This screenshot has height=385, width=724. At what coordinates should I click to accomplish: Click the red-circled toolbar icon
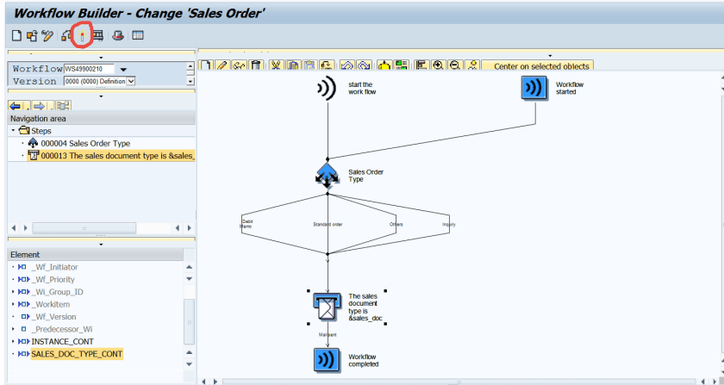click(x=83, y=36)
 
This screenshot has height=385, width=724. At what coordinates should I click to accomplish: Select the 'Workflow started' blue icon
click(x=534, y=88)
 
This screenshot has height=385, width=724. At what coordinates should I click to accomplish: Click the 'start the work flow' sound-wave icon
click(x=328, y=88)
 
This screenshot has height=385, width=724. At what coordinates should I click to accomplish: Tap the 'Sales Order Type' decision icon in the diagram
click(x=328, y=175)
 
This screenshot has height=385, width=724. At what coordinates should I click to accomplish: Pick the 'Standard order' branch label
click(x=328, y=224)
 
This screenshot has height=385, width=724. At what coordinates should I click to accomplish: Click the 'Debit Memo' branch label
click(x=247, y=224)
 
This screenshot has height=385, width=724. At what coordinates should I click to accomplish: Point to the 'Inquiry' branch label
click(x=448, y=224)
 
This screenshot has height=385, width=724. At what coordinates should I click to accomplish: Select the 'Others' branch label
click(x=396, y=224)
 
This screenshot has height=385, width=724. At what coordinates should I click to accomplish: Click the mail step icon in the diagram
click(x=328, y=305)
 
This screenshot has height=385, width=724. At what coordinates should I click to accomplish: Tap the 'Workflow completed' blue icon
click(x=328, y=360)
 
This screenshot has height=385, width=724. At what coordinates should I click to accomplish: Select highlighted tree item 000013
click(x=113, y=156)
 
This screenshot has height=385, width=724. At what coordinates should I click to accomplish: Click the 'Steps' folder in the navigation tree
click(x=41, y=131)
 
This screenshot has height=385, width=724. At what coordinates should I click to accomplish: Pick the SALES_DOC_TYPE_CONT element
click(x=77, y=354)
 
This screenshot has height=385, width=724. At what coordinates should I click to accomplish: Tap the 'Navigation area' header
click(x=38, y=119)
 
